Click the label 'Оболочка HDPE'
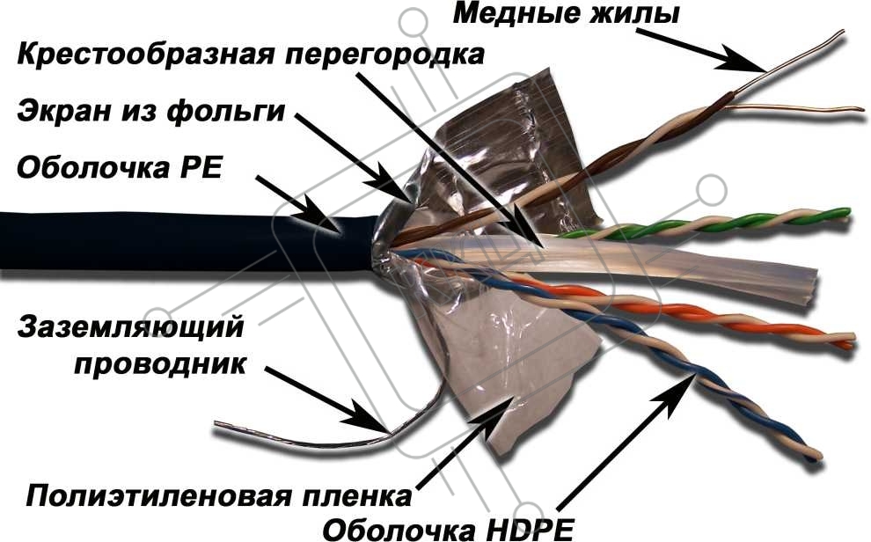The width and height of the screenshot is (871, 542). coord(448,528)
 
